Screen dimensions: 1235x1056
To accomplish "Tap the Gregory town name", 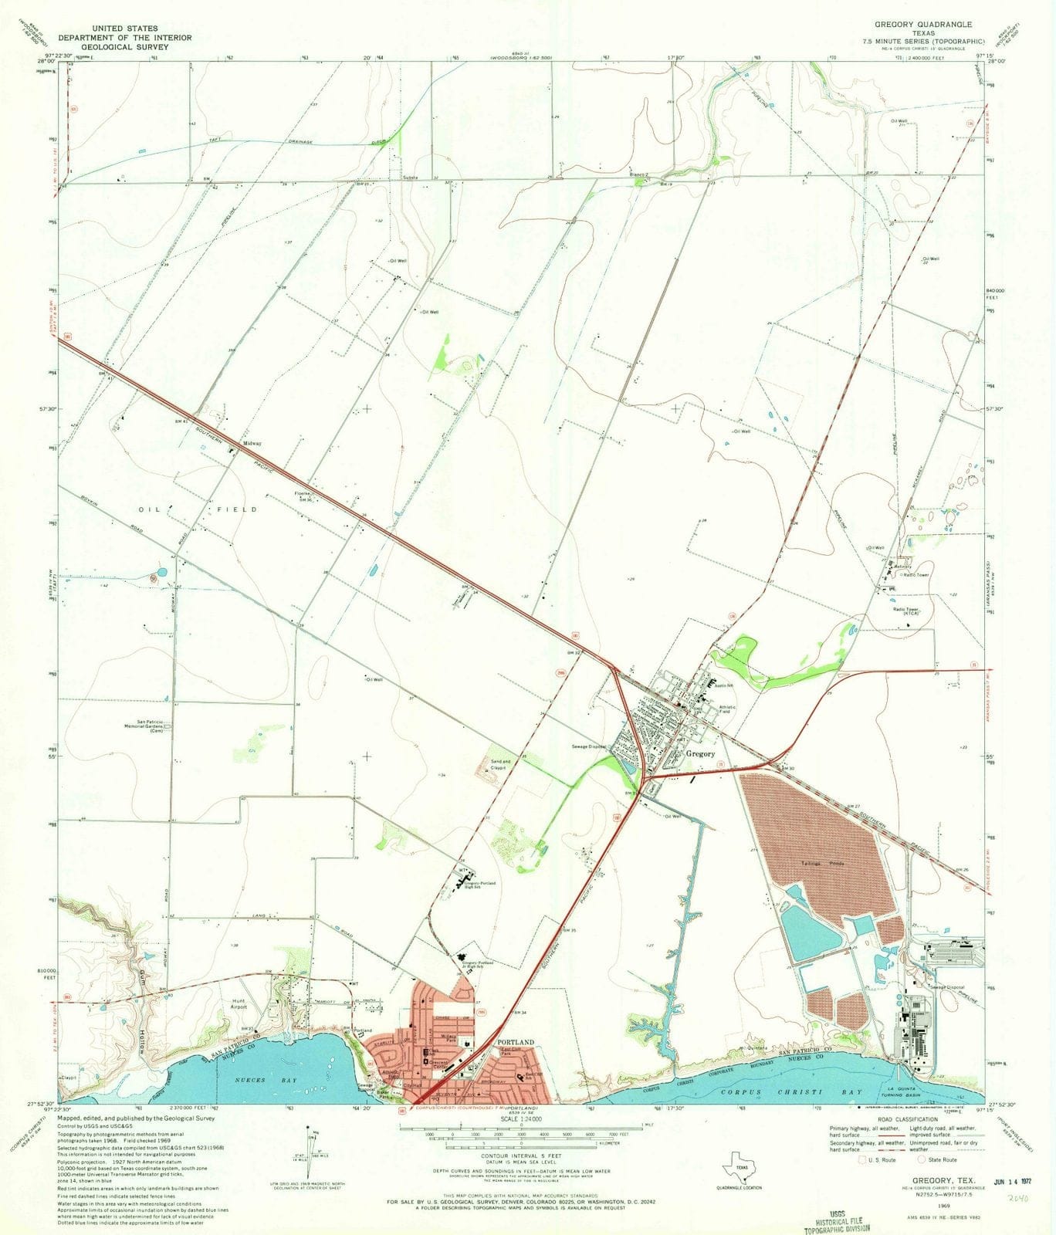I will [699, 754].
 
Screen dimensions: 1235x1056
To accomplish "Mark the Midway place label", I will [252, 443].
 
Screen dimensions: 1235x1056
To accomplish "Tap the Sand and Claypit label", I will [500, 765].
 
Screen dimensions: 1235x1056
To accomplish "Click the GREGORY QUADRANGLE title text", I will [923, 24].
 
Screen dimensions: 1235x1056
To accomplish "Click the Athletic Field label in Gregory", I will [728, 709].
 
